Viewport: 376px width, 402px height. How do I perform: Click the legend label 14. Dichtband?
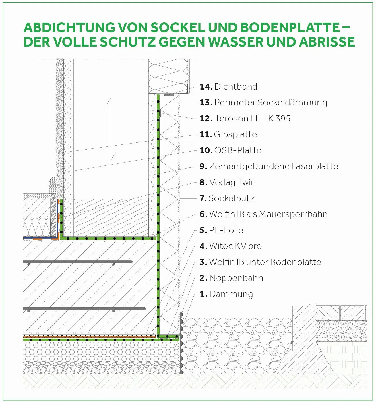[x=228, y=87]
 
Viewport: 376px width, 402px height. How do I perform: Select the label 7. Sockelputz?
[x=227, y=198]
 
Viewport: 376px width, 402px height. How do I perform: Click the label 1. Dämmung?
[x=226, y=294]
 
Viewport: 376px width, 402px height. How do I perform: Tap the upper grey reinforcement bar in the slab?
[x=78, y=262]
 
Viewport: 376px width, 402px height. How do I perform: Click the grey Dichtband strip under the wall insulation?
[x=169, y=94]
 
